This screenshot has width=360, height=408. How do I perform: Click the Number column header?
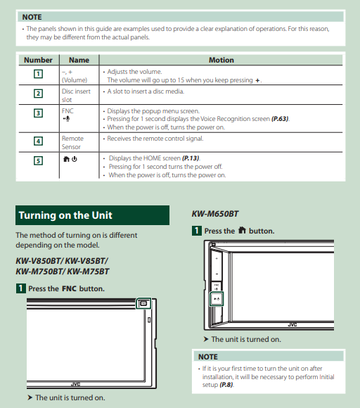(38, 60)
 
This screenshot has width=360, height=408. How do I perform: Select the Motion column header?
(221, 60)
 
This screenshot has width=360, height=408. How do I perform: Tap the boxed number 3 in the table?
(38, 113)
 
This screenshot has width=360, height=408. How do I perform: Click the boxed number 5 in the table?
(38, 160)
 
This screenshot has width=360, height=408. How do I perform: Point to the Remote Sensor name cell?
(72, 143)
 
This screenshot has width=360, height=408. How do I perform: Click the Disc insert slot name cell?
(76, 96)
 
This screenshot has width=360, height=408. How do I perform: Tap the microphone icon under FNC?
(66, 119)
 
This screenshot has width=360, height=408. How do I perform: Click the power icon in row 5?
(75, 159)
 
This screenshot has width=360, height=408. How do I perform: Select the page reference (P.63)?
(280, 119)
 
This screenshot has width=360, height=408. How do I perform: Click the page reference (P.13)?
(191, 158)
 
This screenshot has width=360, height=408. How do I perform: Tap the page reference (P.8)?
(226, 385)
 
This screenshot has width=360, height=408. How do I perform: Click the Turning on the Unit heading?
(65, 215)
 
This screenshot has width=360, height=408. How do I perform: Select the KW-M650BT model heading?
(215, 214)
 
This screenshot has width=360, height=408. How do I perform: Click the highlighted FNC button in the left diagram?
(143, 303)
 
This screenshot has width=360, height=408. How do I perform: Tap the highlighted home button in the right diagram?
(217, 299)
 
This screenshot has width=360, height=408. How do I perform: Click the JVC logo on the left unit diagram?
(75, 384)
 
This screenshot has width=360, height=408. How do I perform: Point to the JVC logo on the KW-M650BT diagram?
(292, 325)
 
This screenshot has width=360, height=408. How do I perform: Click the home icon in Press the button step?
(242, 230)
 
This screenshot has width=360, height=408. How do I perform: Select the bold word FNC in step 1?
(69, 289)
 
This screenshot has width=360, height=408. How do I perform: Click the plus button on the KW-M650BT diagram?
(217, 258)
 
